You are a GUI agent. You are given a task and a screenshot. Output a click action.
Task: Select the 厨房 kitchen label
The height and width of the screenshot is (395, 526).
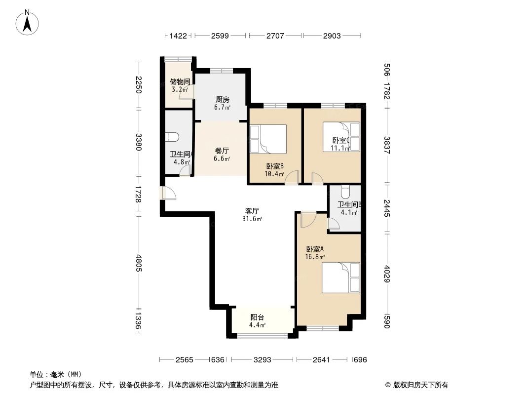coord(222,99)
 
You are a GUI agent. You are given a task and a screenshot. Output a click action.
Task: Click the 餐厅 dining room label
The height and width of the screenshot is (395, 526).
coord(222,151)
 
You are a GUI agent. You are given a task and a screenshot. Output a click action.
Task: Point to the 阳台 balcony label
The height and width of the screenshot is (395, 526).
coord(257,317)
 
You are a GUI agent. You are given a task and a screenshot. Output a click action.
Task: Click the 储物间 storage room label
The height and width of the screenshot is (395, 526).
coord(180,81)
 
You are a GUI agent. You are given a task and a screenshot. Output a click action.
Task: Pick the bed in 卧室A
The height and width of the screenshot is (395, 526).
coord(341,277)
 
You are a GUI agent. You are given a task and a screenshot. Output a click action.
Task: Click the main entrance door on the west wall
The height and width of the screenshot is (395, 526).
coord(168,193)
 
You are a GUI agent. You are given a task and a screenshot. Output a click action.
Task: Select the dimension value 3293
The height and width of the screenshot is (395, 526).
coord(263,360)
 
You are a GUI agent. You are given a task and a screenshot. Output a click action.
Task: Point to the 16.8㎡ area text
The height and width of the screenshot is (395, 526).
coord(315,257)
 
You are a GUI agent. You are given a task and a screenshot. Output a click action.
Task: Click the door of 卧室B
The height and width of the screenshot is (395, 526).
coord(293,177)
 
